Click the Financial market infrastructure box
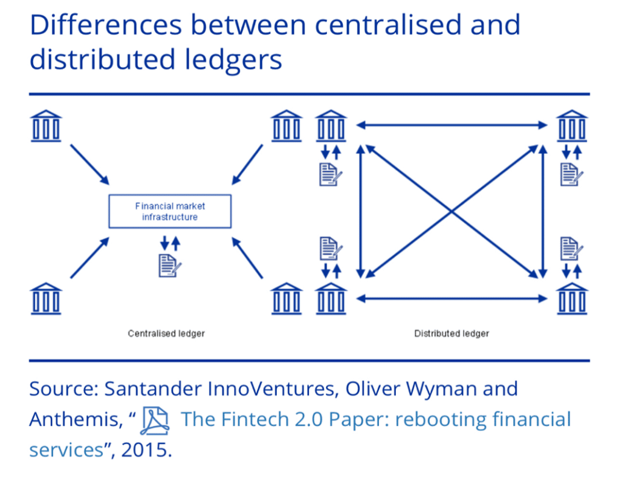pos(170,211)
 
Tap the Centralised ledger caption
pos(166,333)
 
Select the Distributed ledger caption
pos(452,333)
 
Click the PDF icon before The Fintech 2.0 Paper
pos(155,421)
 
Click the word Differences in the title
pos(106,25)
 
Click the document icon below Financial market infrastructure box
pos(170,266)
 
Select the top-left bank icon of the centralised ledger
pos(46,126)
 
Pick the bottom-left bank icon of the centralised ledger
pos(46,299)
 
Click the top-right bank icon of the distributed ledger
pos(572,126)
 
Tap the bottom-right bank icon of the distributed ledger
pos(572,299)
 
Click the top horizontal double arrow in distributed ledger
pos(452,126)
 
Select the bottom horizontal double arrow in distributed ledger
pos(452,299)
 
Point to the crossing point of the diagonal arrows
pos(452,212)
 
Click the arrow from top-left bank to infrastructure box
pos(89,165)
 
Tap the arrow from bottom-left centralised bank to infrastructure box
pos(89,258)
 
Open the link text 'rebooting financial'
pos(483,419)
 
